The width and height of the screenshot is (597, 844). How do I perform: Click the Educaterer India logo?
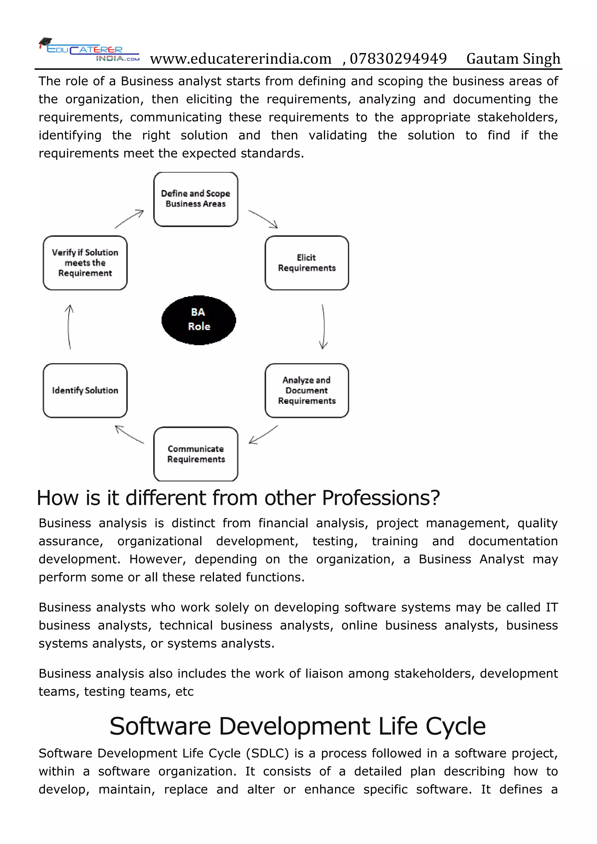click(89, 50)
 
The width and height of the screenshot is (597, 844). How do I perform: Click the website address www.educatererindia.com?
click(240, 59)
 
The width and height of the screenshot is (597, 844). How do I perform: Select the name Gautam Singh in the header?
click(513, 59)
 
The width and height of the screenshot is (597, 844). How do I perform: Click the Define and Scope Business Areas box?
click(196, 199)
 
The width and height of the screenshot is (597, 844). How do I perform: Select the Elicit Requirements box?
click(307, 263)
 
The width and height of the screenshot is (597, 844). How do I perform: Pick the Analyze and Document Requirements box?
click(307, 391)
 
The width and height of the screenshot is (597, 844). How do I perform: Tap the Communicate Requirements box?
click(196, 454)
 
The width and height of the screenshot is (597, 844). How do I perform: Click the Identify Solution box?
click(85, 391)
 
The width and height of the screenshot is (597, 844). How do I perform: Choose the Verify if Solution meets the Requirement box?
click(85, 263)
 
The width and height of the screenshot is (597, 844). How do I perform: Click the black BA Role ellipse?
click(199, 320)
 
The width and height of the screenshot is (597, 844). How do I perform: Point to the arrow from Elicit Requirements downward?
click(323, 326)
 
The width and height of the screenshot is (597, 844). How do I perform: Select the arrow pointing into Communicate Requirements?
click(263, 435)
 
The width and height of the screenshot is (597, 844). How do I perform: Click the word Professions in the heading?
click(381, 498)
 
